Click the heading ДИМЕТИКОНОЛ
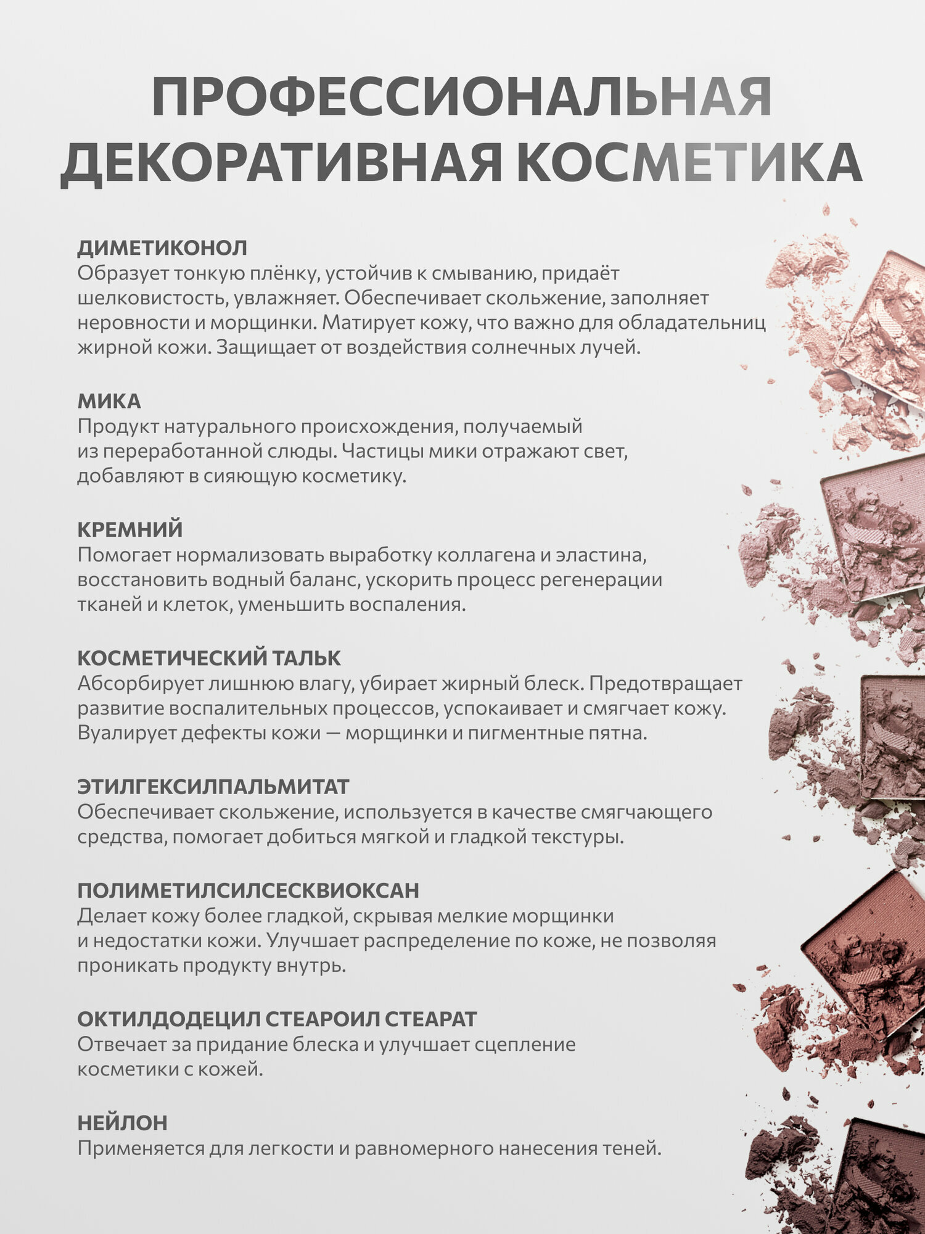tap(162, 248)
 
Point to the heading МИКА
tap(109, 401)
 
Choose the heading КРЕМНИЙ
tap(130, 529)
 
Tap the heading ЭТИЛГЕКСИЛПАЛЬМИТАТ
tap(213, 787)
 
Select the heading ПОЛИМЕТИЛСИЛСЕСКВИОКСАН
tap(248, 890)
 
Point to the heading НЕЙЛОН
tap(122, 1122)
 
